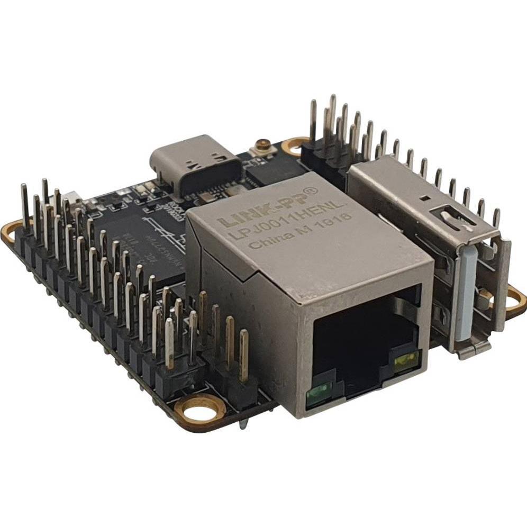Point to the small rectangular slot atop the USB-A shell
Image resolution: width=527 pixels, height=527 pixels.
(x=425, y=198)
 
